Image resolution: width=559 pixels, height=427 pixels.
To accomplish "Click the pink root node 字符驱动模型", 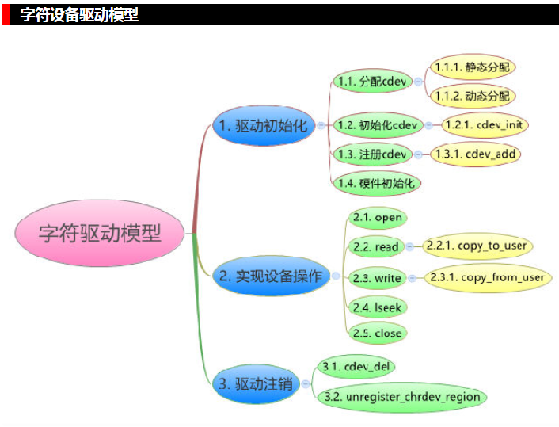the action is (100, 233).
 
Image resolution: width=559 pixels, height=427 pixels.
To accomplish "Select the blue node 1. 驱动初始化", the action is (263, 125).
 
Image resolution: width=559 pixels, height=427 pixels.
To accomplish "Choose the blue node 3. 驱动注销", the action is (254, 385).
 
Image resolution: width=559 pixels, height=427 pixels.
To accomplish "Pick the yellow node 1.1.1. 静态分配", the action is (472, 67).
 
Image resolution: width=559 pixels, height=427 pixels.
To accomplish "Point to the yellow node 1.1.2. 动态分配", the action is (472, 96).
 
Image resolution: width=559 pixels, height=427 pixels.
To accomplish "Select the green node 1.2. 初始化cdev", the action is (376, 125).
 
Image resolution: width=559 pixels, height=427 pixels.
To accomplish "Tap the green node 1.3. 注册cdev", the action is (371, 154).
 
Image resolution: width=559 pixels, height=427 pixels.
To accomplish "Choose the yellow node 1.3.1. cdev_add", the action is (476, 154).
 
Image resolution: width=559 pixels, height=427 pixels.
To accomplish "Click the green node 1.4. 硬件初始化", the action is (376, 183).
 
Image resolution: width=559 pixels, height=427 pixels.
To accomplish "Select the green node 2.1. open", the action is (378, 218).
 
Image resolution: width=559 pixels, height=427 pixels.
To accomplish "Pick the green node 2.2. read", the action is (376, 247).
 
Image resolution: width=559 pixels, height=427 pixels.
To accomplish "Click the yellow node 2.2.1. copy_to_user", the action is (477, 246).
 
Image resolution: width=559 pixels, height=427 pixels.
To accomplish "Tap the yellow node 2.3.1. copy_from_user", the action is (488, 277).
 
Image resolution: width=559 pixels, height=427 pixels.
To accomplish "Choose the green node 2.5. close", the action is (378, 334).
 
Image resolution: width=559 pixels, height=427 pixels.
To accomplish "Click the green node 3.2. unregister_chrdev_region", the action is (401, 396).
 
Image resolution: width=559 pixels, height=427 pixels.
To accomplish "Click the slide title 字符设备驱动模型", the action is (79, 14).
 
